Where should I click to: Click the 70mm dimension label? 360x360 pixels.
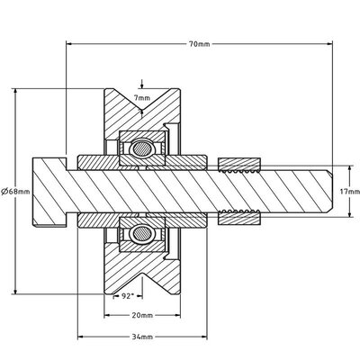click(x=200, y=44)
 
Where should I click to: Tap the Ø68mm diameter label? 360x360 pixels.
click(x=15, y=191)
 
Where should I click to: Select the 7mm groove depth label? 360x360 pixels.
click(x=142, y=98)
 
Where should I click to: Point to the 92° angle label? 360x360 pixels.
click(x=127, y=296)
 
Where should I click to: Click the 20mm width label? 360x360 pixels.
click(x=142, y=315)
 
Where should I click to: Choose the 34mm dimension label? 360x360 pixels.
click(x=142, y=337)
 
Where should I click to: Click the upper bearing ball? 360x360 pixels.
click(x=142, y=148)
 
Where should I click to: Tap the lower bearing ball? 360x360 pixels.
click(x=142, y=233)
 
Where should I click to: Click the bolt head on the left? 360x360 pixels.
click(x=49, y=192)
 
